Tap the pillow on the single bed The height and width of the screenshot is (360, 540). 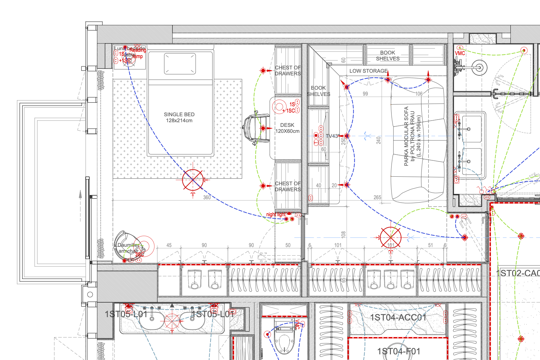tap(180, 63)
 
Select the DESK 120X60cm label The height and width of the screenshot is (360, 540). tap(287, 128)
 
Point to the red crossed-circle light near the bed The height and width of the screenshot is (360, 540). tap(193, 180)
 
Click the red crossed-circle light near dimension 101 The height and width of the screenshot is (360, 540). tap(391, 237)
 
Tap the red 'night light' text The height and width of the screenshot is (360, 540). tap(276, 215)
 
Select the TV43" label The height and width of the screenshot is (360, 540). tap(332, 136)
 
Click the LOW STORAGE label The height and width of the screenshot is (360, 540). tap(368, 71)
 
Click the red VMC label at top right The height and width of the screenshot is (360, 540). tap(460, 53)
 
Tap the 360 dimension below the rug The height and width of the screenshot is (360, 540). tap(207, 197)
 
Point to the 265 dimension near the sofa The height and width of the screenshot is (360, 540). tap(377, 197)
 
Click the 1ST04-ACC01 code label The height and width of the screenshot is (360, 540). tap(398, 317)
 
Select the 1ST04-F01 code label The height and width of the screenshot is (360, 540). tap(399, 351)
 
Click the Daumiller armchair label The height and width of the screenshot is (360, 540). tap(128, 248)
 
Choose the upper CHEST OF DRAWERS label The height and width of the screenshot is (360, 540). tap(288, 70)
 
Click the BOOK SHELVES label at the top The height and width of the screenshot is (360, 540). tap(388, 55)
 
